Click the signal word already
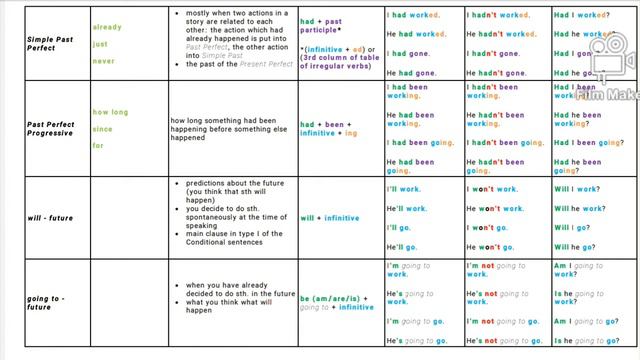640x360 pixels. pos(107,27)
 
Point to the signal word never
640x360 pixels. pos(103,61)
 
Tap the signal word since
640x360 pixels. pos(103,129)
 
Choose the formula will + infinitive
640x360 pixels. pos(329,218)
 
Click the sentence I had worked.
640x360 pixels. pos(413,15)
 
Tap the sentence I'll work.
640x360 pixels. pos(404,188)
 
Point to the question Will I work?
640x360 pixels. pos(578,188)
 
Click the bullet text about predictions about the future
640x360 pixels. pos(231,193)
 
